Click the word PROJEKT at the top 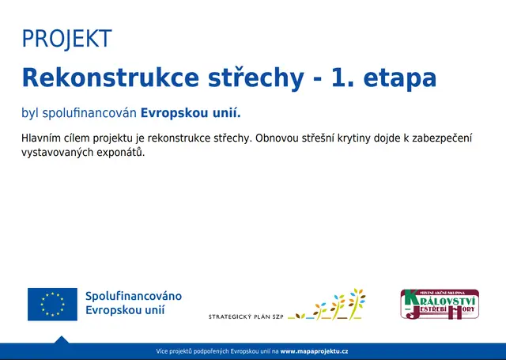point(67,38)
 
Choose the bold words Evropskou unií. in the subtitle point(191,112)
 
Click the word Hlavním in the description point(43,138)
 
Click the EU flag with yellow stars point(52,304)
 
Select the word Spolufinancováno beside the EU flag point(134,296)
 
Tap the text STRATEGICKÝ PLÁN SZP point(245,316)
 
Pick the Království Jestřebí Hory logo point(440,305)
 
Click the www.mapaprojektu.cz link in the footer point(314,351)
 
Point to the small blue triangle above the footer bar point(61,339)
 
